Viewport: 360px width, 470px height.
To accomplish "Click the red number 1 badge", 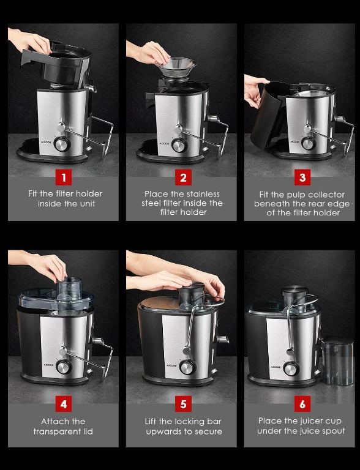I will [63, 177].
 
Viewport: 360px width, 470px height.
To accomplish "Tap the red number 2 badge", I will [182, 177].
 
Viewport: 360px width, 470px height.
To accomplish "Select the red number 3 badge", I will [301, 177].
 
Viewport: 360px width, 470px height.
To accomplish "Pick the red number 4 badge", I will [63, 405].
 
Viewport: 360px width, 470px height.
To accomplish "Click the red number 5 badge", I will [182, 405].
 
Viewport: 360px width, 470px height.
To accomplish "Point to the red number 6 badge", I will [301, 405].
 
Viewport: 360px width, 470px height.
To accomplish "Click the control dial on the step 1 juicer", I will [62, 144].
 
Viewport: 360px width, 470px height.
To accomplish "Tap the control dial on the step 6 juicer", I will [291, 368].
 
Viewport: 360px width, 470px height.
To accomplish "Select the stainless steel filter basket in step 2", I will [176, 65].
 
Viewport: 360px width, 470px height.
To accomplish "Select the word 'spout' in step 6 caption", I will [331, 431].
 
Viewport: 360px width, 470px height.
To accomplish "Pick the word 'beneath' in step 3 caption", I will [274, 203].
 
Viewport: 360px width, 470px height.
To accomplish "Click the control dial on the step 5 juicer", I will [187, 367].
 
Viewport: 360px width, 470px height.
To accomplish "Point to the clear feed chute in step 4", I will [69, 288].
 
